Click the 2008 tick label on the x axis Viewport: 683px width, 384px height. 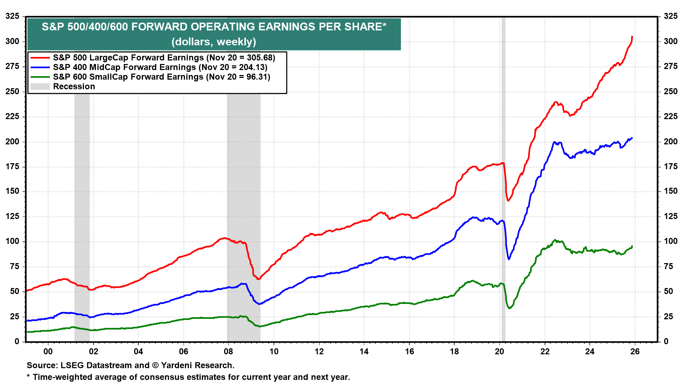(228, 352)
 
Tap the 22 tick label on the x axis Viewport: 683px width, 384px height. (545, 352)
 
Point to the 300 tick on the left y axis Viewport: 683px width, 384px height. (12, 41)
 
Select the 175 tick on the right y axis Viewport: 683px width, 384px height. (670, 166)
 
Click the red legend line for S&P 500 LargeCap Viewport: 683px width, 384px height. (40, 58)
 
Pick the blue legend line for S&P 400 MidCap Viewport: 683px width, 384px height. (40, 67)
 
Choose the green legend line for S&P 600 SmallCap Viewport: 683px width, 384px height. (40, 77)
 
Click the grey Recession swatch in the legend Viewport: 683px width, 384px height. (40, 86)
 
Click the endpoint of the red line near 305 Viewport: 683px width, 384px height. (632, 37)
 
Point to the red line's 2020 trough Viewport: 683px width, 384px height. (508, 201)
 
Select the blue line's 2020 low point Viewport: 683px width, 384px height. (509, 259)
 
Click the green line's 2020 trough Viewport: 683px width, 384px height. (509, 308)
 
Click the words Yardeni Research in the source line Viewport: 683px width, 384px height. (197, 365)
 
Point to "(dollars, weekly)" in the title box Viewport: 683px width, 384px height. (214, 42)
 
